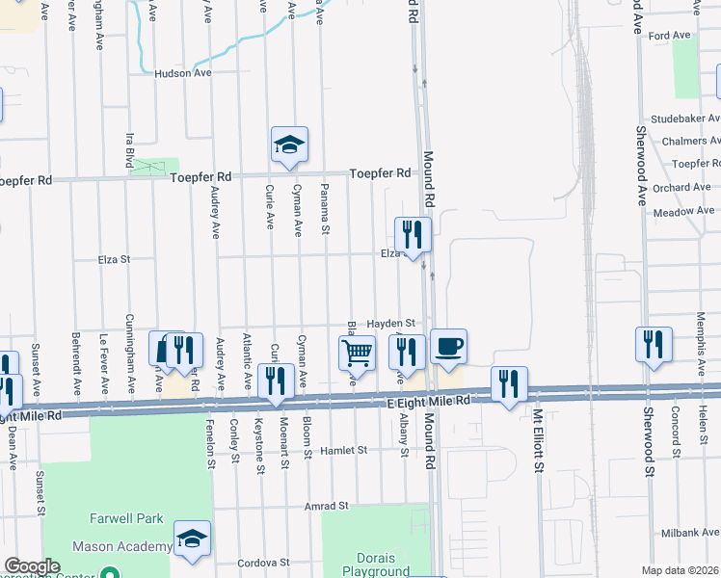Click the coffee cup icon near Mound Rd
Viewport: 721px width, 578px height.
point(449,346)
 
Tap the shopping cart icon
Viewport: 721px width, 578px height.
point(357,354)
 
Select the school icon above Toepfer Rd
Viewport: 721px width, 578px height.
point(289,144)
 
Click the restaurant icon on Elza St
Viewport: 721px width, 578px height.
point(412,233)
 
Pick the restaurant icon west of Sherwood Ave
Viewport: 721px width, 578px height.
point(654,344)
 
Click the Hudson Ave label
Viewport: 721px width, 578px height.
point(183,72)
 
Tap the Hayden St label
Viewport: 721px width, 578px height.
point(395,324)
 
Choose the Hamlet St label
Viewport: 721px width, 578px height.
point(344,450)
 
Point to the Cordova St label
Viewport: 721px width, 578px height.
point(265,563)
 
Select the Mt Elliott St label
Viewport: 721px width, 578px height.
point(539,443)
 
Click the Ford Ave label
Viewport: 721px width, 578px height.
point(670,36)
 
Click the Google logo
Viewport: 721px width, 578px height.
point(32,566)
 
